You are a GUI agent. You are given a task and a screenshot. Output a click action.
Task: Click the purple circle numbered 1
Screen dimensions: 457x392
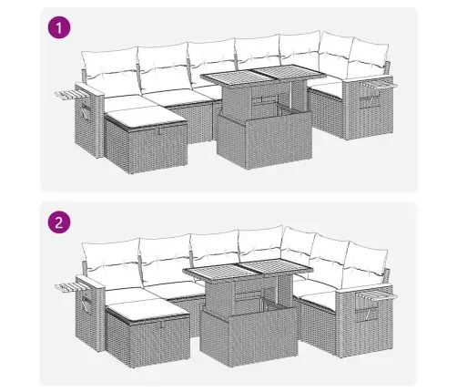pos(59,27)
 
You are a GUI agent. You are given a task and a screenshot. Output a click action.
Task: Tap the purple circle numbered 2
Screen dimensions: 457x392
pos(59,222)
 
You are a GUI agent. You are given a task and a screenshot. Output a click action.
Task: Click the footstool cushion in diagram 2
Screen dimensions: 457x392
pos(148,309)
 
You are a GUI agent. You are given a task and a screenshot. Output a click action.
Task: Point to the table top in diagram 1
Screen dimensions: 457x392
pos(261,76)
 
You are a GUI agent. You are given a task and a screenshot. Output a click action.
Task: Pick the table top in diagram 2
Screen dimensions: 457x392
pos(249,268)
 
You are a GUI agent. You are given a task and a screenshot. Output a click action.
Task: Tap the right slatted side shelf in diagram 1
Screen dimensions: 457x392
pos(379,85)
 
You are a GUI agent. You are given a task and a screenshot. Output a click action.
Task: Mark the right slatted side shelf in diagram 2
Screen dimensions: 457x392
pos(376,295)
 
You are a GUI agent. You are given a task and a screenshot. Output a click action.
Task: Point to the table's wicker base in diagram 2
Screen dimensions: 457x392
pos(249,335)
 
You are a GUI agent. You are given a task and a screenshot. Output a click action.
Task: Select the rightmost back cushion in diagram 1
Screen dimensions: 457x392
pos(368,57)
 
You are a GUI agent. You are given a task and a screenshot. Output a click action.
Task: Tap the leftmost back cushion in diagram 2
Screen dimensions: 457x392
pos(112,262)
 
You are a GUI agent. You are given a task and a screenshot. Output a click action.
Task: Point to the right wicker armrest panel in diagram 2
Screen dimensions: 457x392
pos(366,322)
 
